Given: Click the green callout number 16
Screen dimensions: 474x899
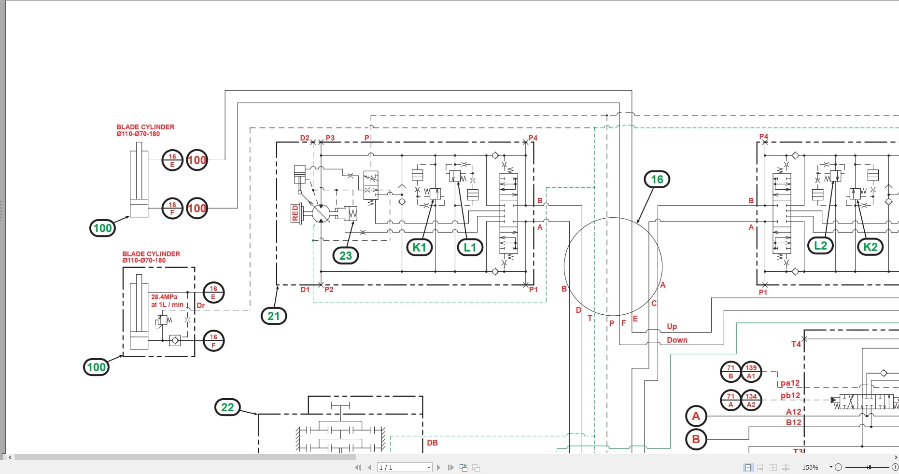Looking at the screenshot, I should (x=657, y=180).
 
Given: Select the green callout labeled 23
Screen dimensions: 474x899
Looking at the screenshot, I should (x=346, y=255).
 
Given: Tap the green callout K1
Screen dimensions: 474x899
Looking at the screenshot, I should (x=419, y=248).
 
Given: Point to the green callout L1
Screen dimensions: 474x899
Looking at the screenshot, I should (x=470, y=248).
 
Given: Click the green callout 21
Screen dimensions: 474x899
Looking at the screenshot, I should (x=274, y=316).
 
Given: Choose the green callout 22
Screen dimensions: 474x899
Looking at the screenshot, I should (x=227, y=407).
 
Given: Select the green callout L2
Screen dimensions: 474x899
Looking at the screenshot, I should (x=820, y=246).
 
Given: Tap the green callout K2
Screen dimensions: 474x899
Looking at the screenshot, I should (x=870, y=247).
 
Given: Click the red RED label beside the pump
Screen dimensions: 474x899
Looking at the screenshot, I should (x=295, y=213).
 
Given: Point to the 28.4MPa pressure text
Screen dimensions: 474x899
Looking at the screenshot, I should (x=164, y=297).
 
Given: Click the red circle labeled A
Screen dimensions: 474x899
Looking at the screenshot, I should (x=696, y=416).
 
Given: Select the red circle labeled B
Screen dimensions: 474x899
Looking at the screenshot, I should (x=696, y=439).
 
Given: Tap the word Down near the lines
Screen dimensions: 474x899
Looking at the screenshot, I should (x=677, y=340).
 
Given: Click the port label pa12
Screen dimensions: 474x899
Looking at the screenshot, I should (x=790, y=383).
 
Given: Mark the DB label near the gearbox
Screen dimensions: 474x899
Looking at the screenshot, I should (x=432, y=443).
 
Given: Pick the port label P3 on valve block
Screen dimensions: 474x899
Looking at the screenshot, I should (x=330, y=138).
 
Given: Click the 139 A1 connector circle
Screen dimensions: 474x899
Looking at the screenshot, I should (x=751, y=372).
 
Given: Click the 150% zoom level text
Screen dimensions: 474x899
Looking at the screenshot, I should (x=810, y=467).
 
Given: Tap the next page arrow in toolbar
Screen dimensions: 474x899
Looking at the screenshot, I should (x=438, y=467).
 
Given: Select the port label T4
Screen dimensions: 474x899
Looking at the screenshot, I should (x=796, y=344).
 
